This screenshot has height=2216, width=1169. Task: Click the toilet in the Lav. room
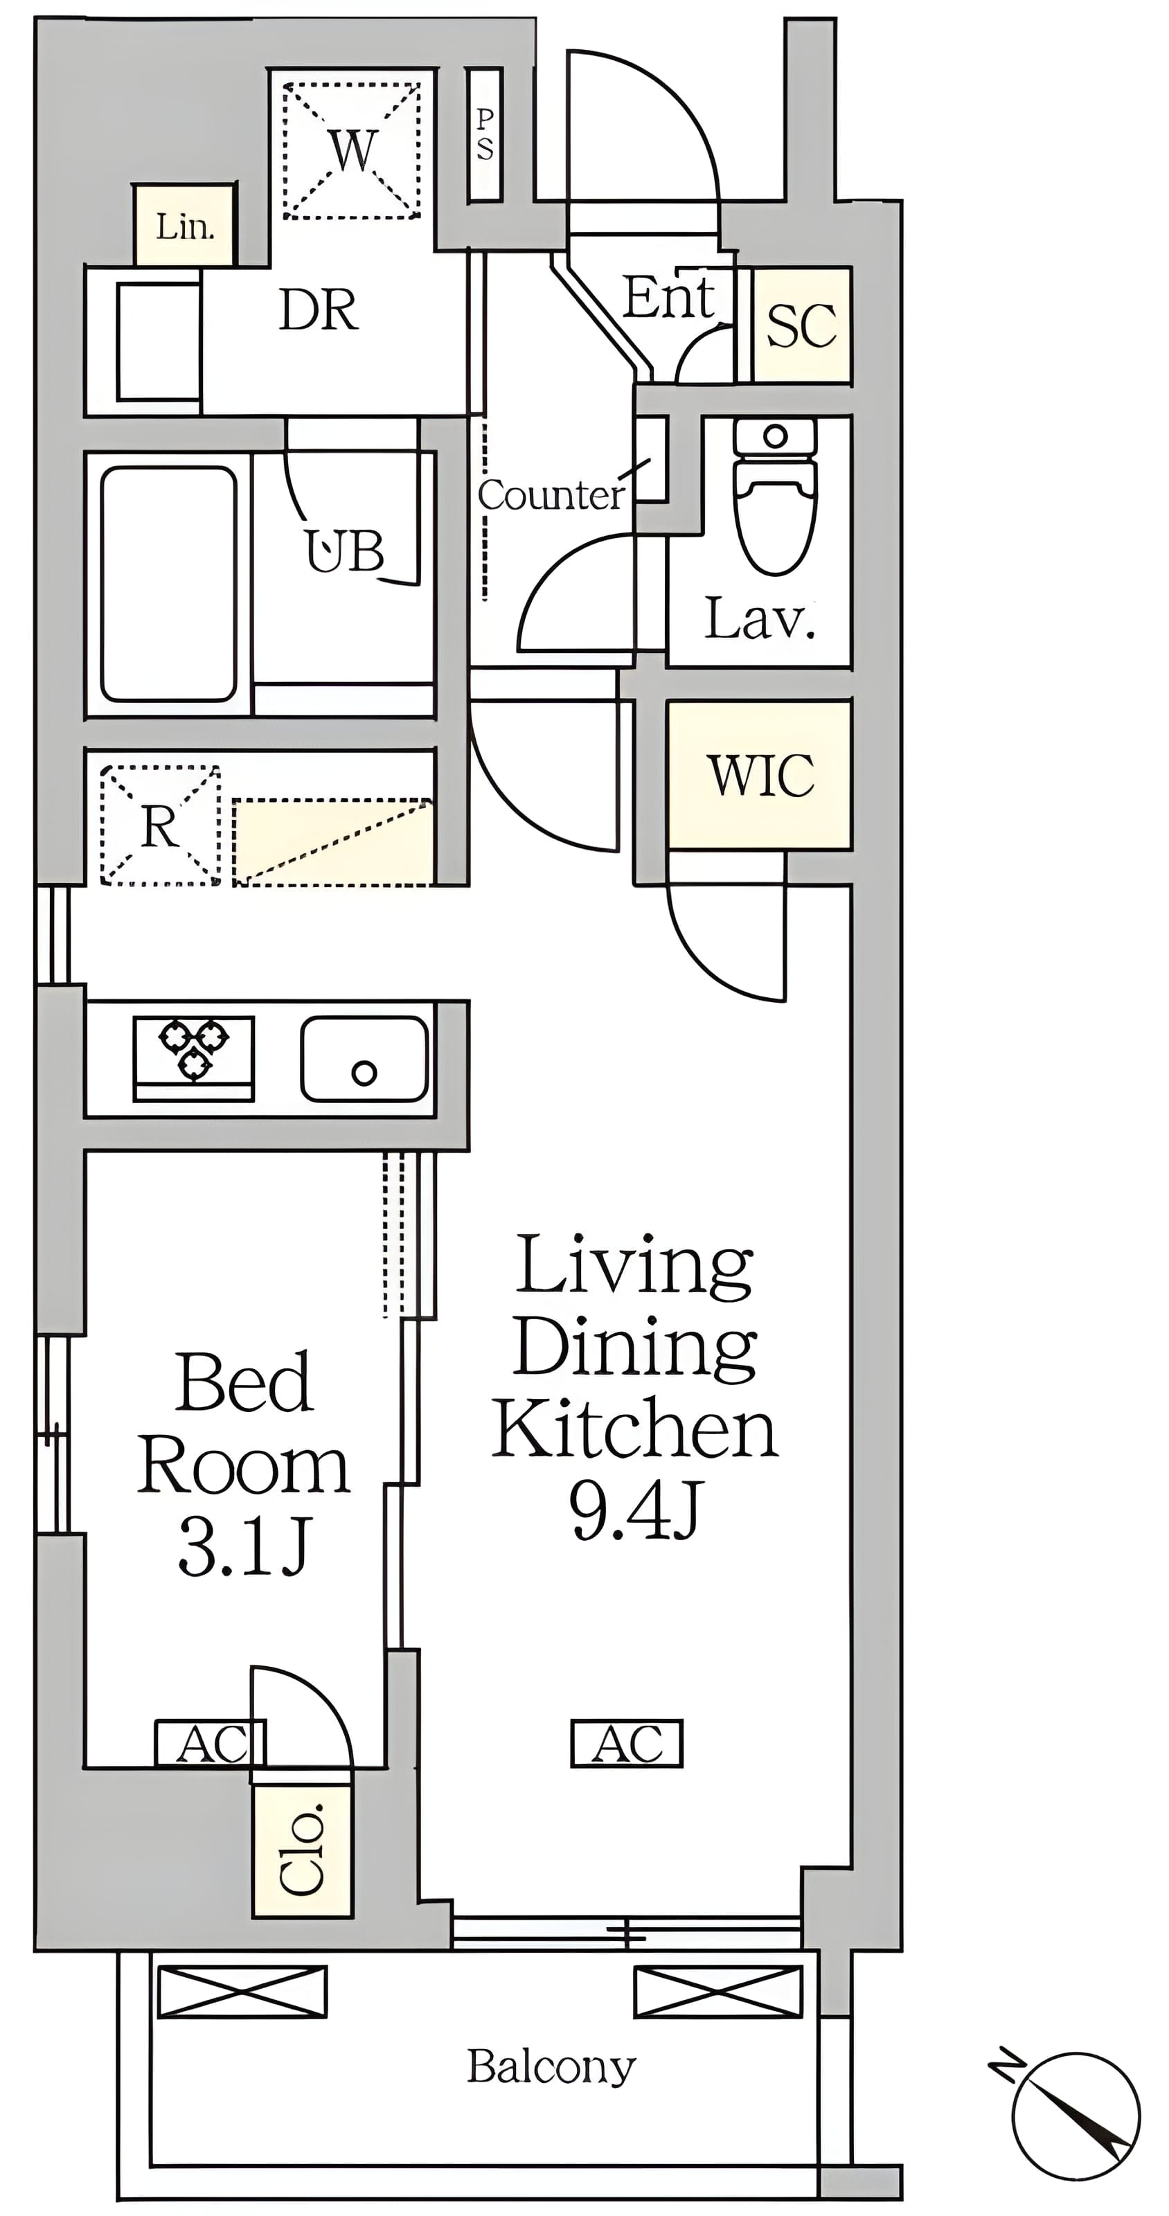(774, 497)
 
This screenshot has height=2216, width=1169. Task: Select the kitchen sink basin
(364, 1059)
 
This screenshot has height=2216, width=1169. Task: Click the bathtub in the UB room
(168, 584)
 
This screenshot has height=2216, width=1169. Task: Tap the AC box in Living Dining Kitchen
(627, 1744)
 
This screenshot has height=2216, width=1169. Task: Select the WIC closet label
(760, 775)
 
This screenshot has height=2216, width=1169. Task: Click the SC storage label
(801, 325)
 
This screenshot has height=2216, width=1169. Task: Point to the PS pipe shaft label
(485, 135)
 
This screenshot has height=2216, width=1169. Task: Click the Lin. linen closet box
(184, 224)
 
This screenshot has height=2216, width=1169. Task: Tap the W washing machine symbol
(352, 150)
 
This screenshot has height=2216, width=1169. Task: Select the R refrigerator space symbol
(160, 825)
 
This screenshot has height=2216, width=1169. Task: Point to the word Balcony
(551, 2066)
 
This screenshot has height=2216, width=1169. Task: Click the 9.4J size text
(636, 1510)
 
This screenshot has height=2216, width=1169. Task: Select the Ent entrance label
(668, 298)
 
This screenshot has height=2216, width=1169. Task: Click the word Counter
(551, 494)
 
